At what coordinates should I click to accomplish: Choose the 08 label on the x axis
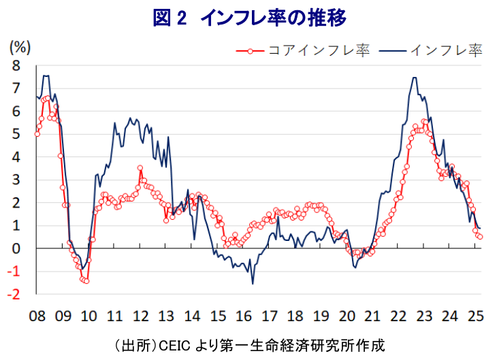37,316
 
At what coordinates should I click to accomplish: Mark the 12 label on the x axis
140,316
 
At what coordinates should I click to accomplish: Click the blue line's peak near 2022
415,78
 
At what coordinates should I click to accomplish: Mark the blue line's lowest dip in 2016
253,283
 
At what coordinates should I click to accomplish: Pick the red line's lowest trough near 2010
86,280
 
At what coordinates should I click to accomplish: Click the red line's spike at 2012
140,167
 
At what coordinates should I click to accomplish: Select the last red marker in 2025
481,237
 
